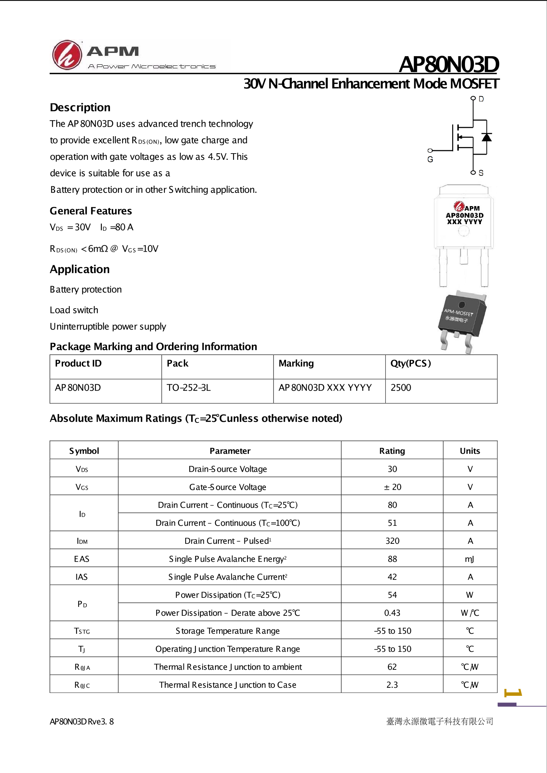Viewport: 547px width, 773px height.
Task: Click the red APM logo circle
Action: point(67,55)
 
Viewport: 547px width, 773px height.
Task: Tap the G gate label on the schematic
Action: point(430,159)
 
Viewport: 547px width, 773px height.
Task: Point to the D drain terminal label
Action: point(481,99)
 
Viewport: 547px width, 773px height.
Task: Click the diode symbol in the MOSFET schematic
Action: point(486,137)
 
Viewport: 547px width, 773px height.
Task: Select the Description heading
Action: point(80,107)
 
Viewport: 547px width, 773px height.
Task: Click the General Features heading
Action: point(91,211)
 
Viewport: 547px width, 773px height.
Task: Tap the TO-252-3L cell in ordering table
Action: point(189,388)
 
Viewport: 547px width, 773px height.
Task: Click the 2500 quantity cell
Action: point(401,388)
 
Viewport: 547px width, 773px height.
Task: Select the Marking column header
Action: point(296,363)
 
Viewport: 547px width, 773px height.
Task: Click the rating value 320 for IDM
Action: point(392,541)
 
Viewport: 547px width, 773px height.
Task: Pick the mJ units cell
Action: point(469,559)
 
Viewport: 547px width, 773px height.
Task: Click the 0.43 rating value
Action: point(392,613)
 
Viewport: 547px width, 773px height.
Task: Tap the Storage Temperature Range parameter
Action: point(228,631)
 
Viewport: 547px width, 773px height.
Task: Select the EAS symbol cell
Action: point(82,559)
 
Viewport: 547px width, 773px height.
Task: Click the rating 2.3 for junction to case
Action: point(392,685)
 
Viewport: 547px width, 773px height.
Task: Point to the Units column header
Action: point(470,451)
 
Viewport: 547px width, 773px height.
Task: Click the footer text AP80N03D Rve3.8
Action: point(82,722)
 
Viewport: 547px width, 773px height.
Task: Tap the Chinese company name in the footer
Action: point(440,722)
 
